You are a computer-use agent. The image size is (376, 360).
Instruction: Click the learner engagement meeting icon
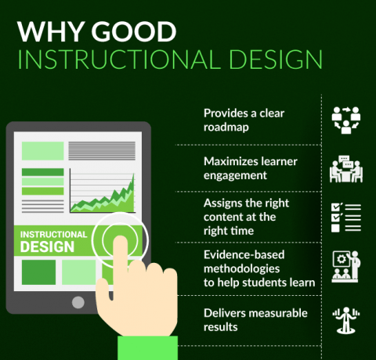[347, 167]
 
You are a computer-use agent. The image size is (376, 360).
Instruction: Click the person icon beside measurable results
[347, 320]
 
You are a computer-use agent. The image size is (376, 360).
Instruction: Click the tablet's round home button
[78, 302]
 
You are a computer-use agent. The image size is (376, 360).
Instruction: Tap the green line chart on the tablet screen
[103, 196]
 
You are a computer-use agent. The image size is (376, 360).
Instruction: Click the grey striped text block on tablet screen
[101, 150]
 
